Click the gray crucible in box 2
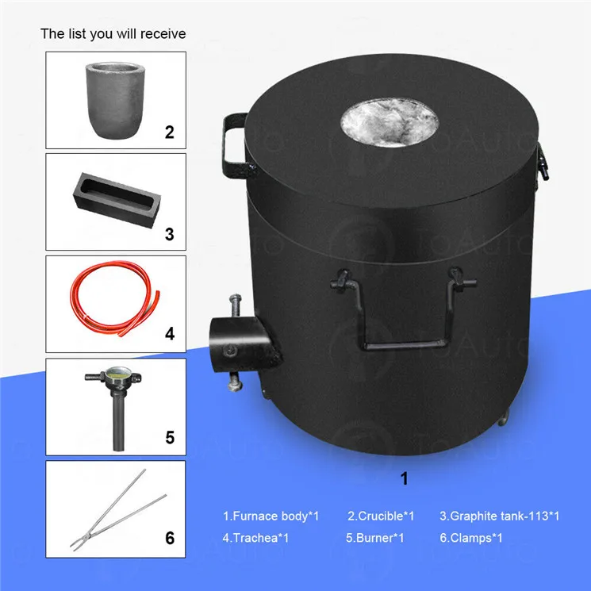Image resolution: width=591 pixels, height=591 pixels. click(115, 100)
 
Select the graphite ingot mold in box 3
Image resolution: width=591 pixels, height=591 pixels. click(117, 200)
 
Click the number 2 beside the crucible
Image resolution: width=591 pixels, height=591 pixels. click(170, 132)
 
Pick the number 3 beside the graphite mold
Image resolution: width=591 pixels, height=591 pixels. click(170, 234)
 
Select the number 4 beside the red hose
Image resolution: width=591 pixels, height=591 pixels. click(170, 334)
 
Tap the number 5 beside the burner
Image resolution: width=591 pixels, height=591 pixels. click(170, 437)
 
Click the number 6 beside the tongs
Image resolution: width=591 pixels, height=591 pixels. click(170, 538)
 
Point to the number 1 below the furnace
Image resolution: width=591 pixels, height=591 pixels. click(405, 478)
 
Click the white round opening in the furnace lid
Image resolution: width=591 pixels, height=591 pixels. click(390, 123)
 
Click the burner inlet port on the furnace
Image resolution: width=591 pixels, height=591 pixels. click(241, 343)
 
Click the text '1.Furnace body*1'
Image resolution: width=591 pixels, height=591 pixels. click(271, 516)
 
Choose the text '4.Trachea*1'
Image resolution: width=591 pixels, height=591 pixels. click(255, 538)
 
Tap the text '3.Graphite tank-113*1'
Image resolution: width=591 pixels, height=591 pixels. click(500, 516)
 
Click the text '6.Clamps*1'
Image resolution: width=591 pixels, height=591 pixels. click(471, 538)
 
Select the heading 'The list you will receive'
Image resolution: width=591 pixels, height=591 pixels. click(113, 34)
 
